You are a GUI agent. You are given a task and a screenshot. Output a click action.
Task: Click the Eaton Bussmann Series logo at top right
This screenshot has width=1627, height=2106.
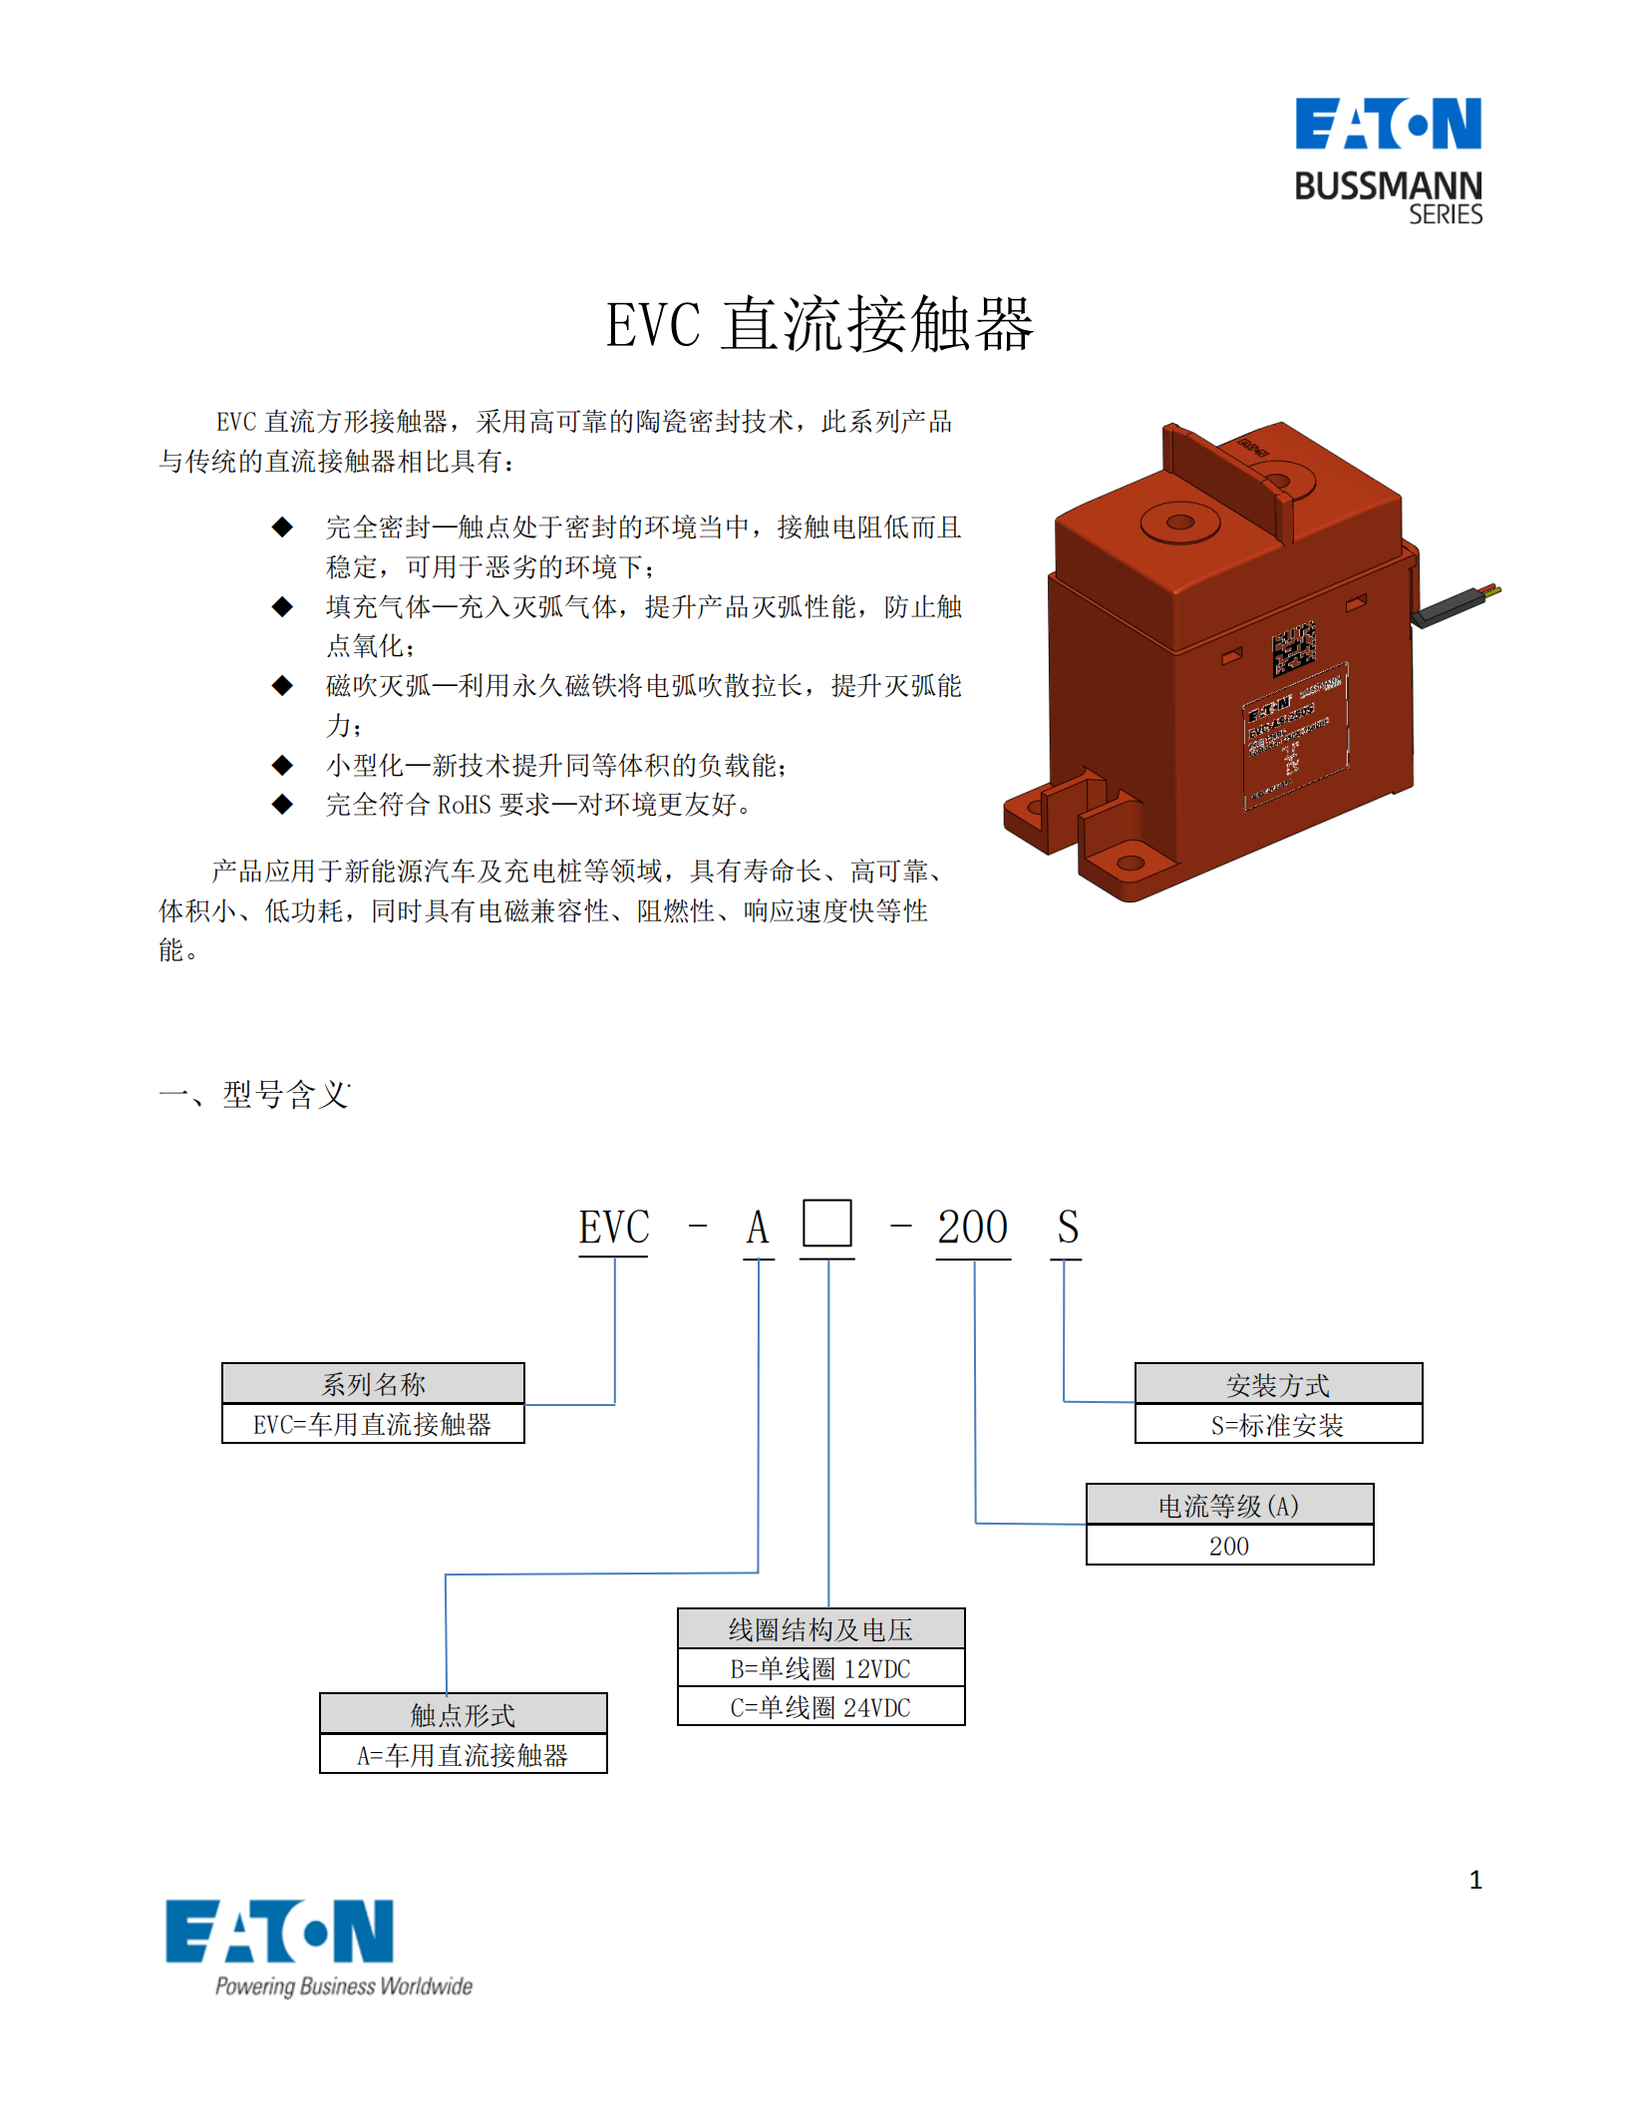click(x=1388, y=160)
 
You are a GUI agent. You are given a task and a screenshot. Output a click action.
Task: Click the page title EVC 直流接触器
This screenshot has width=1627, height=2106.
click(x=819, y=325)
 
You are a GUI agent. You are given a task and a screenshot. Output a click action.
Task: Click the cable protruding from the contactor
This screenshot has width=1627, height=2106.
click(x=1456, y=604)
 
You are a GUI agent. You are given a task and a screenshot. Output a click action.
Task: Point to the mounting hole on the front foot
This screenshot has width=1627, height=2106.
click(x=1130, y=863)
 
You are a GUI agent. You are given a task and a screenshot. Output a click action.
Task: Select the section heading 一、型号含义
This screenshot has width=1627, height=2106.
click(x=255, y=1095)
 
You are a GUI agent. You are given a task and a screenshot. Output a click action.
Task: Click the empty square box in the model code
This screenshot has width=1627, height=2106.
click(x=827, y=1224)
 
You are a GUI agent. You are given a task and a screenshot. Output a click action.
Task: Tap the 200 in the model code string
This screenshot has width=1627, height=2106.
click(x=972, y=1227)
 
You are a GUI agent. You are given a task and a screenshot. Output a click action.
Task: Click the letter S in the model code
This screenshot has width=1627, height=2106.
click(x=1068, y=1227)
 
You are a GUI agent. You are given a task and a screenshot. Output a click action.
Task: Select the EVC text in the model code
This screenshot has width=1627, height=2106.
click(x=614, y=1227)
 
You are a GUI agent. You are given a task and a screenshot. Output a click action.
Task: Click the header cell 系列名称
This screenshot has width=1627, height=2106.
click(x=373, y=1384)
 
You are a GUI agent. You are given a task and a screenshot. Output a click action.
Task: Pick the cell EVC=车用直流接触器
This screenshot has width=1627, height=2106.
click(x=373, y=1424)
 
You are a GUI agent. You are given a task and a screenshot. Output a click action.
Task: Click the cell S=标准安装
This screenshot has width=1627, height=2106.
click(x=1278, y=1425)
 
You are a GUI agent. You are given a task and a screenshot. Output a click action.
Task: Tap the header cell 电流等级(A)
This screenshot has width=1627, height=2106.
click(x=1229, y=1505)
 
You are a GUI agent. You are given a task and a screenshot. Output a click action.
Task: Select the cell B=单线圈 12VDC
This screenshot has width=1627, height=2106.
click(x=820, y=1668)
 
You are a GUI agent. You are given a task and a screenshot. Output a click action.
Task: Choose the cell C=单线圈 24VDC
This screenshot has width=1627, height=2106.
click(x=820, y=1707)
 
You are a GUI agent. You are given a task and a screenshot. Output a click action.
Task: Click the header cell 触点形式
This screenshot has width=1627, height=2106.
click(x=463, y=1714)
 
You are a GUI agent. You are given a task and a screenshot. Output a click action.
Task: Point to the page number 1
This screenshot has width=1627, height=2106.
click(x=1475, y=1880)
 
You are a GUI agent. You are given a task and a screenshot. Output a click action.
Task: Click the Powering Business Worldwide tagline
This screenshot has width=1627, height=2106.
click(x=344, y=1985)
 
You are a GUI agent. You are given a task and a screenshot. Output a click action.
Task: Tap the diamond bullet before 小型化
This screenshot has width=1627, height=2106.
click(x=283, y=765)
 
